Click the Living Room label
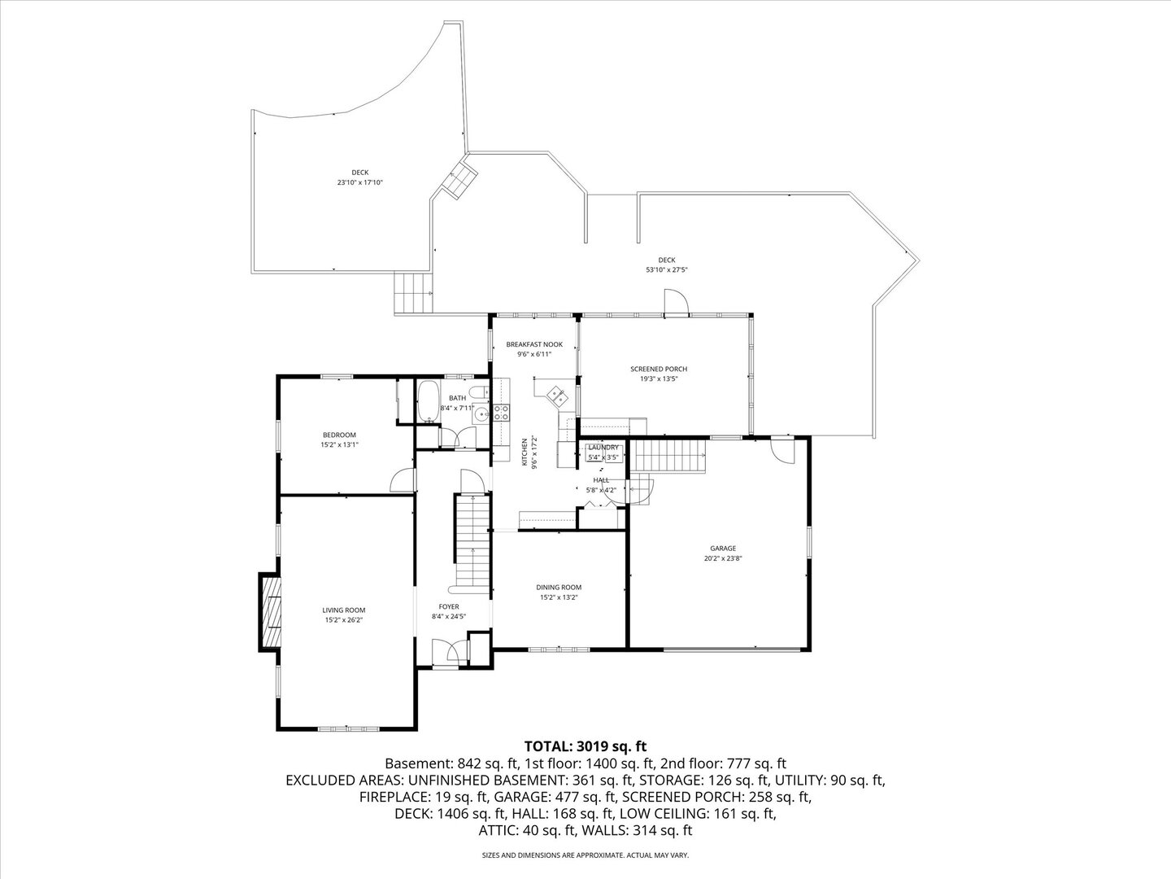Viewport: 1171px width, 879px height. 343,610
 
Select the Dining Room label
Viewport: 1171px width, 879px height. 559,587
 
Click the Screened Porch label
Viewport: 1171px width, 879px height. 659,369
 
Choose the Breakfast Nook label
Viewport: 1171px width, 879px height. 534,344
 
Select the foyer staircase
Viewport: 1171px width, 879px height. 472,541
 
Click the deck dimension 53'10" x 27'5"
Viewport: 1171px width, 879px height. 667,269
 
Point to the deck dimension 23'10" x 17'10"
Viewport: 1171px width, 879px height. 359,182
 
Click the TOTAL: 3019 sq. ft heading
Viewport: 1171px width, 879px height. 585,746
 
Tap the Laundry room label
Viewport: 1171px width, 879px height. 603,448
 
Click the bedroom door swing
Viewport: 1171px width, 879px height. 402,482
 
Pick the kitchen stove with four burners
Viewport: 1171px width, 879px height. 502,413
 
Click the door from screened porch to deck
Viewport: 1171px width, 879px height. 676,304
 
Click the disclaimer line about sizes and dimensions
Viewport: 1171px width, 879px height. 585,855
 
